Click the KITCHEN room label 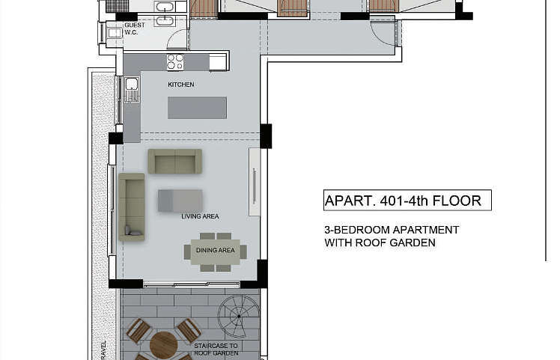tap(181, 85)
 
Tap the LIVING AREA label tap(200, 216)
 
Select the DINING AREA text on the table tap(216, 251)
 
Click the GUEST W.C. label tap(135, 28)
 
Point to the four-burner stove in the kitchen tap(175, 62)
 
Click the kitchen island tap(197, 108)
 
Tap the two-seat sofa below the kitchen tap(175, 162)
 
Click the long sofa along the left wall tap(132, 207)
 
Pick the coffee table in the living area tap(180, 201)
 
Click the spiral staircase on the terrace tap(239, 317)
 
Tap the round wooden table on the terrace tap(163, 345)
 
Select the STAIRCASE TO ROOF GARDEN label tap(216, 350)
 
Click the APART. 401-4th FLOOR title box tap(407, 201)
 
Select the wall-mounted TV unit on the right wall tap(255, 182)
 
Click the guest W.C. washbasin tap(115, 33)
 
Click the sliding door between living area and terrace tap(192, 284)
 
